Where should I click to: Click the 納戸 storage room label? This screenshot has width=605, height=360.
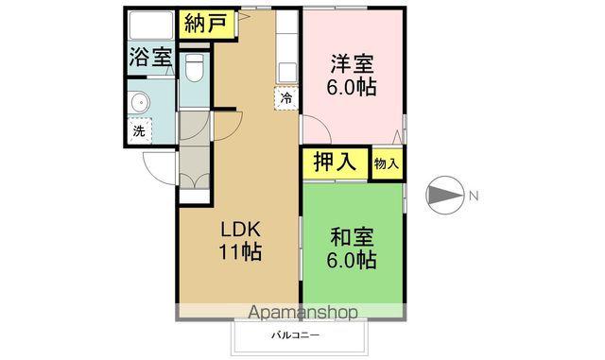[205, 24]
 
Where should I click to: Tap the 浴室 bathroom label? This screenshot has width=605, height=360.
[151, 57]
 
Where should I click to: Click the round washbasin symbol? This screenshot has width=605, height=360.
[141, 102]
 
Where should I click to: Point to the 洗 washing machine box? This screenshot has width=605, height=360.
[139, 130]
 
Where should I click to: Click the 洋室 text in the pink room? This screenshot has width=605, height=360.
[351, 64]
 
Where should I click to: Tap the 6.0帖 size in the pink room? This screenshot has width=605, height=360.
[351, 87]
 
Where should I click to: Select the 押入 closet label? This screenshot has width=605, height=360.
[335, 162]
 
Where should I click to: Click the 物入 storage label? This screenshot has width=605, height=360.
[386, 163]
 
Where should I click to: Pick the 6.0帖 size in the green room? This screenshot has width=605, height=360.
[352, 260]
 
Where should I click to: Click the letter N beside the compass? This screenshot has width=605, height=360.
[475, 197]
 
